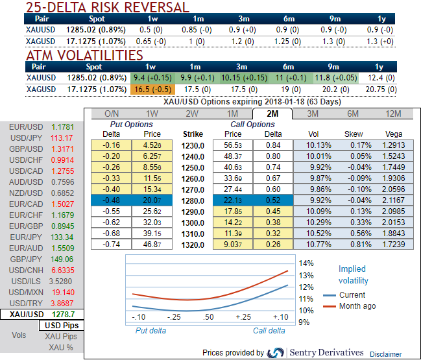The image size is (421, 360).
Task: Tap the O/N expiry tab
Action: pos(112,114)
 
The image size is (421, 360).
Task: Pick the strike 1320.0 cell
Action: pos(193,244)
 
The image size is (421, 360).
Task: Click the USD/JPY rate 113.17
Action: pos(61,138)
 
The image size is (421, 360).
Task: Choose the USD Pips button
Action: pos(61,325)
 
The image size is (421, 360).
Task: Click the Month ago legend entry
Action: pos(357,306)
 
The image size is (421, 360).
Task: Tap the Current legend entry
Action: pos(352,295)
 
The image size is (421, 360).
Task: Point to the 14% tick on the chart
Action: pos(307,263)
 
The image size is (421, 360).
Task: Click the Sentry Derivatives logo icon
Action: pos(276,352)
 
